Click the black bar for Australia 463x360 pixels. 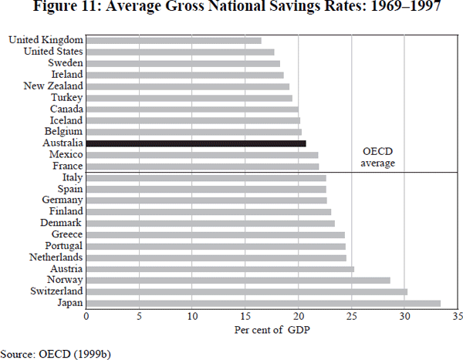196,143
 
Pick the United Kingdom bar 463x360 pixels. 174,40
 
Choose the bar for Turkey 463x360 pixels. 189,98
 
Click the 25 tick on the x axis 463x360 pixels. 351,316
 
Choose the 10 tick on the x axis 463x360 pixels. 192,316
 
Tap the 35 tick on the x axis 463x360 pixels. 457,316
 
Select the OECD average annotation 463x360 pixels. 379,157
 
